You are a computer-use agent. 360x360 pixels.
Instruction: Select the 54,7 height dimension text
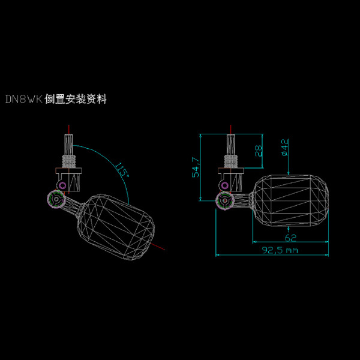[x=195, y=168]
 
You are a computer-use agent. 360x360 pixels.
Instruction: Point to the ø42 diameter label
[x=285, y=148]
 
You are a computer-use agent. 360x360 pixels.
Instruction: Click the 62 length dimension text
[x=291, y=237]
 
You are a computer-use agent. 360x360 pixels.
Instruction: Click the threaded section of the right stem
[x=231, y=160]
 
